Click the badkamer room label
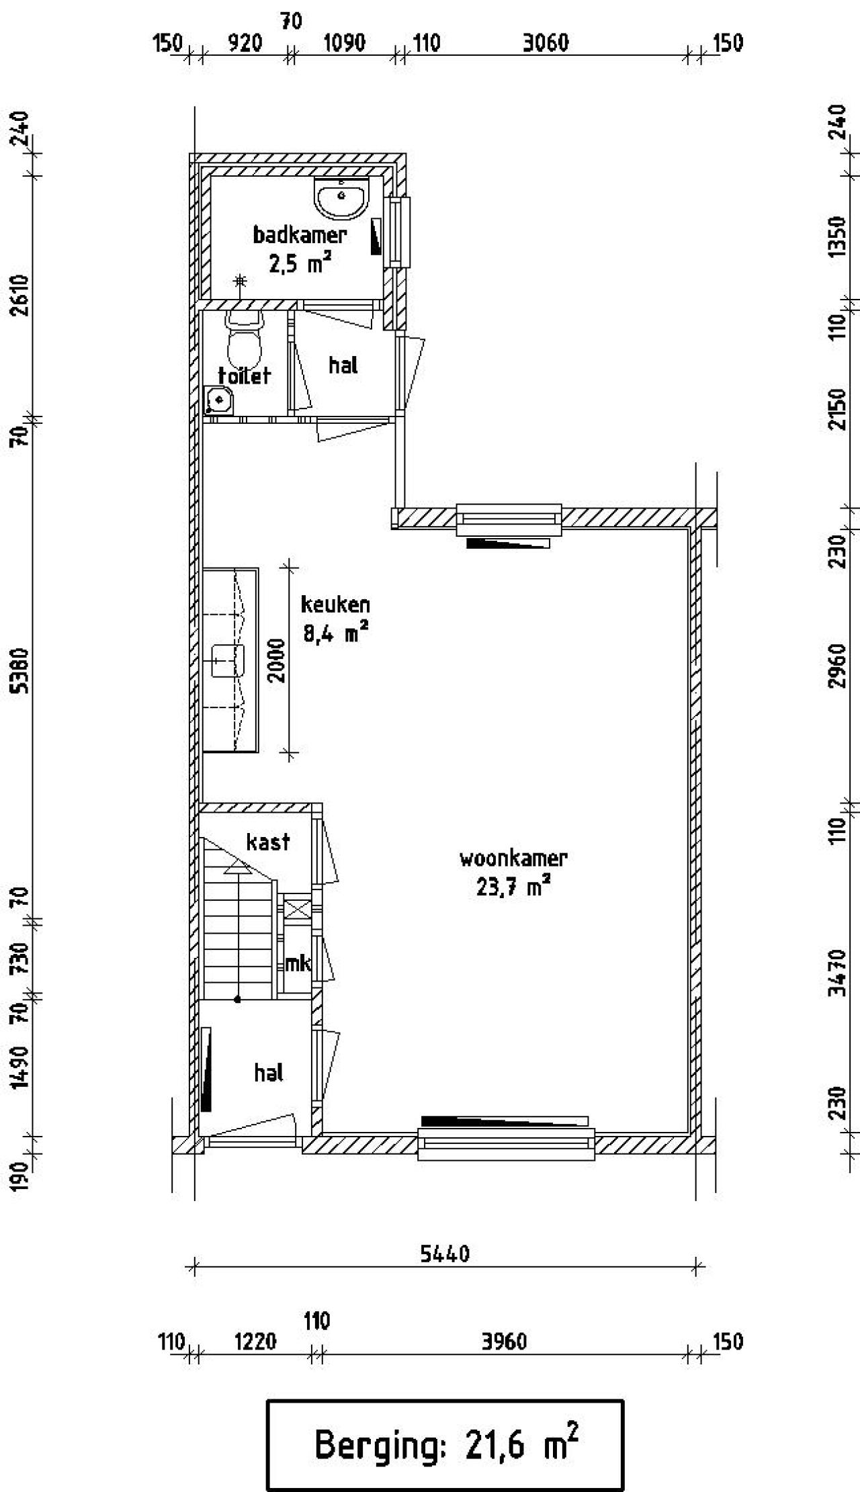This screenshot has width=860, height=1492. (x=300, y=235)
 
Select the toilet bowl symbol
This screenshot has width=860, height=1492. (x=244, y=339)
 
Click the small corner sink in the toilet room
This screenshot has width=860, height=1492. (x=218, y=401)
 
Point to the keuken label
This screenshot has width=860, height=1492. (x=335, y=605)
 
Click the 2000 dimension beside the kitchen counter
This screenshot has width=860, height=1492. (x=277, y=660)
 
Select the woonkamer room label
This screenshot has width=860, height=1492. (x=513, y=858)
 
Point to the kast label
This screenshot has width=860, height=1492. (x=268, y=841)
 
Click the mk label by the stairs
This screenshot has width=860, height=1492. (x=298, y=964)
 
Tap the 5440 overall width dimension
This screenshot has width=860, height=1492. (x=445, y=1254)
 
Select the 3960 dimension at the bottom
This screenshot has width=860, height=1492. (x=504, y=1342)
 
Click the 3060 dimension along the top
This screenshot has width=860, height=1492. (x=546, y=43)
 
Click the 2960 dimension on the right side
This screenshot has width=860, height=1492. (x=838, y=666)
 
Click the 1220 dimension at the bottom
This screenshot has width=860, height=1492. (x=256, y=1342)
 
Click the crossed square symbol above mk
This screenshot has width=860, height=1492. (x=297, y=910)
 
